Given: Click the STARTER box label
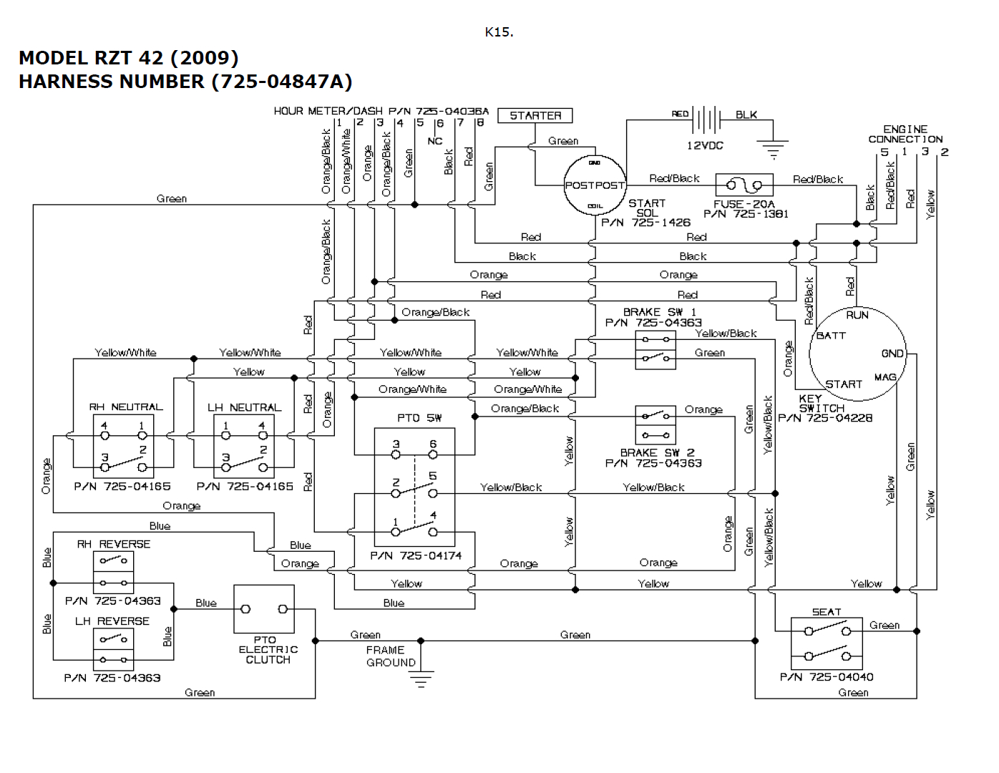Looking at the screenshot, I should (535, 115).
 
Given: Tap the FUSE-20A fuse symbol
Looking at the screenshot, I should (744, 185).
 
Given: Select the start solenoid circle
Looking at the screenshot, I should (595, 185).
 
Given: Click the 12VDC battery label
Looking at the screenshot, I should (705, 145).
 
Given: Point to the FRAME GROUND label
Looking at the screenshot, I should (390, 656).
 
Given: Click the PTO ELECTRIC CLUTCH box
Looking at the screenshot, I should (264, 609).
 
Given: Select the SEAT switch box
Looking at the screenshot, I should (827, 643).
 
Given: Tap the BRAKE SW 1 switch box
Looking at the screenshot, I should (656, 349).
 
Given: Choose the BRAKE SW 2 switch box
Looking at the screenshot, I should (656, 425).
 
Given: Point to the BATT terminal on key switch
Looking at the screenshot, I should (831, 335).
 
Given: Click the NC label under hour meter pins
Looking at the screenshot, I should (435, 141).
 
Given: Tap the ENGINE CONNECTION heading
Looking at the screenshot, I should (905, 134).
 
